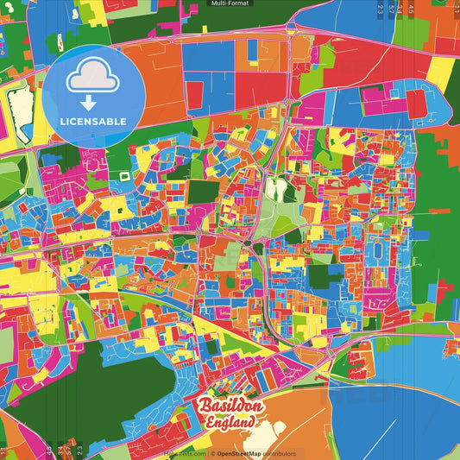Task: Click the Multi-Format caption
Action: click(x=230, y=4)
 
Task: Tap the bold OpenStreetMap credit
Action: click(x=244, y=453)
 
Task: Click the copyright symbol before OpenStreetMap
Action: click(x=212, y=453)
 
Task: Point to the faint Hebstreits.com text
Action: click(x=184, y=453)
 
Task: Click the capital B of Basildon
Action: click(x=205, y=405)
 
